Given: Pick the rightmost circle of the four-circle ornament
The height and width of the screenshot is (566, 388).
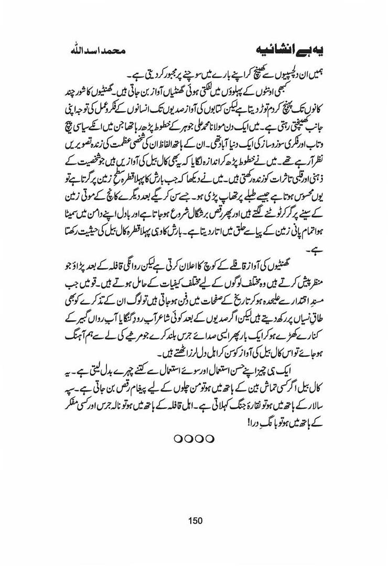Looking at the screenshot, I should point(211,438).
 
